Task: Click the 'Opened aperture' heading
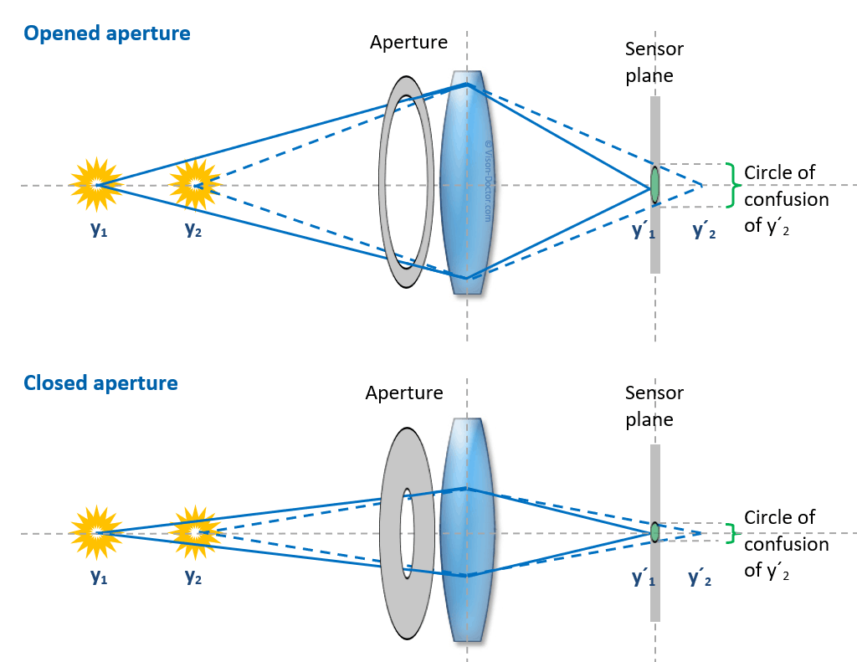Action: (x=107, y=34)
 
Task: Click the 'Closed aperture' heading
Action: (x=100, y=383)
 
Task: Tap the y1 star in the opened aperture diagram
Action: (x=96, y=185)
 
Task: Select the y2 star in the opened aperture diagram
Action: (x=195, y=185)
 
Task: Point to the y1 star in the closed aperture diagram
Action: (x=96, y=532)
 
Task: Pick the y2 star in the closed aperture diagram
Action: (x=195, y=532)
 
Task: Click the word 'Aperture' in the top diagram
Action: (x=408, y=42)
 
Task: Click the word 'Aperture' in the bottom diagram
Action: (x=403, y=393)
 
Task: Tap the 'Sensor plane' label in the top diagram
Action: (x=654, y=62)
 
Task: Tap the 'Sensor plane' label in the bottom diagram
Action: (x=654, y=405)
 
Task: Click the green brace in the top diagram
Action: (x=734, y=185)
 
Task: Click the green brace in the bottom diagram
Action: (x=734, y=532)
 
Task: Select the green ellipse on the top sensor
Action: (x=654, y=185)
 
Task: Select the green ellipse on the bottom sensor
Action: (x=654, y=532)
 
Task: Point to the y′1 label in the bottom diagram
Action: (x=644, y=577)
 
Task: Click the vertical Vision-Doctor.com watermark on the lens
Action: (x=489, y=180)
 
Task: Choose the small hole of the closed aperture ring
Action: (x=407, y=532)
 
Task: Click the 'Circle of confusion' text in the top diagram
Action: (x=786, y=199)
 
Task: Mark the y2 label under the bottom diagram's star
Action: (x=193, y=577)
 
